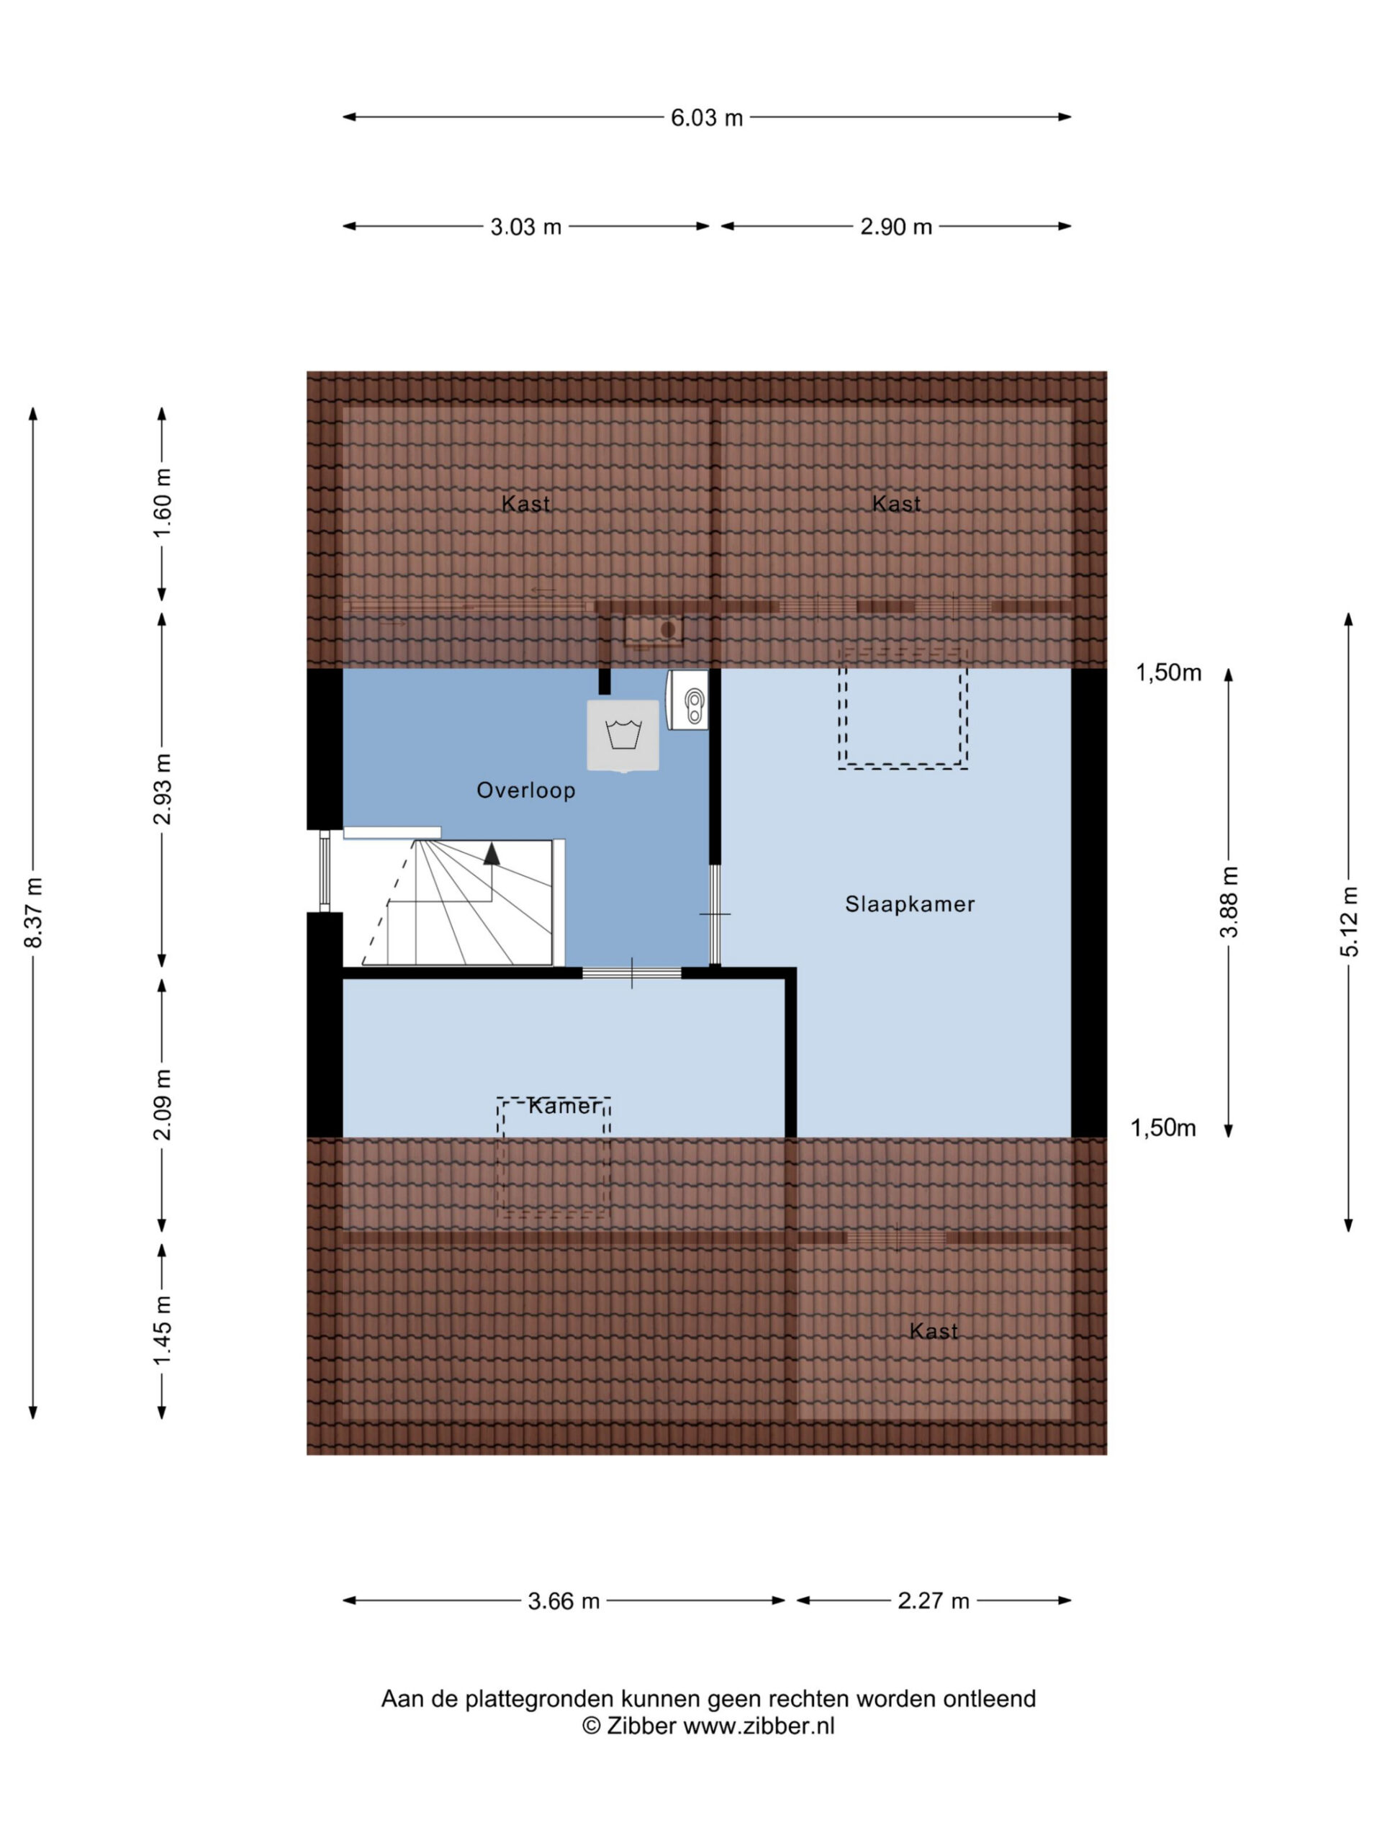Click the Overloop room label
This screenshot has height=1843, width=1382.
[525, 790]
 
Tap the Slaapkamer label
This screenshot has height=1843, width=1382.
[910, 904]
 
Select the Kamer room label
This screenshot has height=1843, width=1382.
[564, 1106]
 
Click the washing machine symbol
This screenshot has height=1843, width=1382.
[623, 736]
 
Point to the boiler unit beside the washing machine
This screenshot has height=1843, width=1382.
[688, 700]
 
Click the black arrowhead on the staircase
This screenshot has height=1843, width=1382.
[492, 853]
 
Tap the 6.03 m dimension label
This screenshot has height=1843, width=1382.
[706, 117]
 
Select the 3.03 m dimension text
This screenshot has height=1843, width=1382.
[525, 227]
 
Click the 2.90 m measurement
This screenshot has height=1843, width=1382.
[895, 227]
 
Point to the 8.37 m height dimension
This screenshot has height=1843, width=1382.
[33, 912]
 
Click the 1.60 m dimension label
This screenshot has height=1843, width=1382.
[163, 503]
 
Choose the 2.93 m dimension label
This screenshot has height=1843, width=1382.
[163, 789]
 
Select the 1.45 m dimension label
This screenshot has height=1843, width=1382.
[163, 1330]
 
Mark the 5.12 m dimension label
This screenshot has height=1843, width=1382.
[1350, 921]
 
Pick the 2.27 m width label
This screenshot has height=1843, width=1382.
[933, 1601]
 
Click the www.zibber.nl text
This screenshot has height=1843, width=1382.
[759, 1726]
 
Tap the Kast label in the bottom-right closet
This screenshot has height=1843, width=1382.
[933, 1331]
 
